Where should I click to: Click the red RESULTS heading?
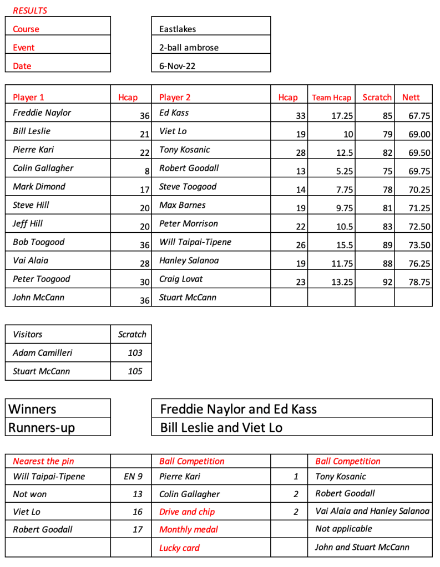30,11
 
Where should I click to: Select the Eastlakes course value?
178,29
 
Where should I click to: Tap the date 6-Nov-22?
177,66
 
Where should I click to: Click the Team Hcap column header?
331,98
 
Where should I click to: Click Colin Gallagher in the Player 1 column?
43,168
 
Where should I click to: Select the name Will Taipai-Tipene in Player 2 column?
195,242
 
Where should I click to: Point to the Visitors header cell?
28,334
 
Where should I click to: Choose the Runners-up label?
42,427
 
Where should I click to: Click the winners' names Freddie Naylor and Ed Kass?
238,409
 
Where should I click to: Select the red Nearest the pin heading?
43,461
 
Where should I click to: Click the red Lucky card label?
179,548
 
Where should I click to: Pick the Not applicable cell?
343,529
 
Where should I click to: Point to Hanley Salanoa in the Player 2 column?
189,260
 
